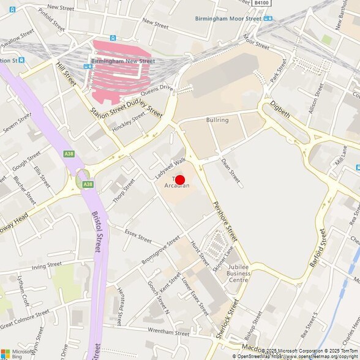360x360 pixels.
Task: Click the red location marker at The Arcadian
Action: [x=180, y=179]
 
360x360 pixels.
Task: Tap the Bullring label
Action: [x=217, y=120]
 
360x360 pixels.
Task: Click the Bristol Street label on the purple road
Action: [x=96, y=233]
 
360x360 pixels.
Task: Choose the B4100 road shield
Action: [x=261, y=3]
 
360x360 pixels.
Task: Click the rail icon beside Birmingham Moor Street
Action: [x=268, y=18]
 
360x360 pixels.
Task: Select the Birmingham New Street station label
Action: [x=123, y=61]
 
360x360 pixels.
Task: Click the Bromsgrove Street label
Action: [x=160, y=249]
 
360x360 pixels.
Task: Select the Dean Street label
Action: [x=230, y=170]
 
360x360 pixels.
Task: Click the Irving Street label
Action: [x=47, y=266]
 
